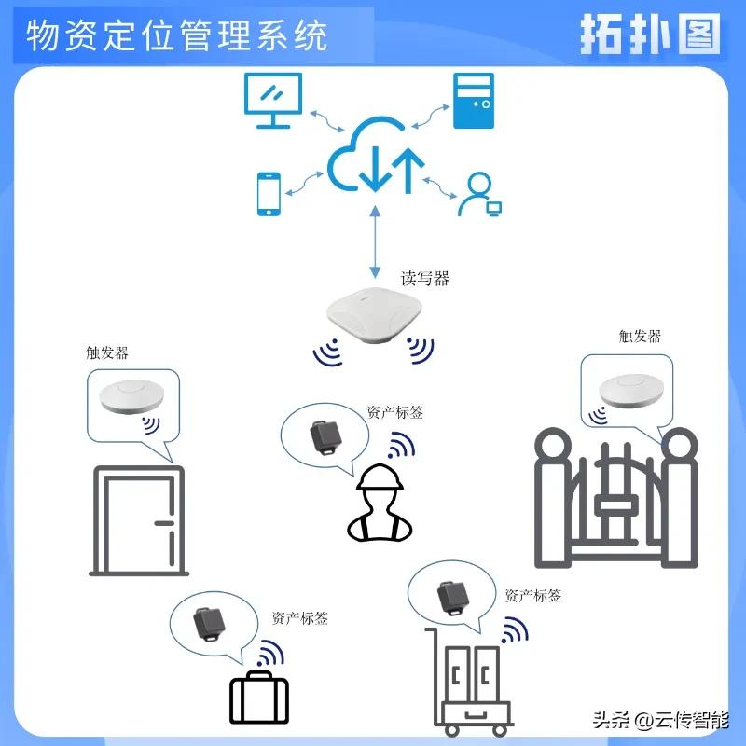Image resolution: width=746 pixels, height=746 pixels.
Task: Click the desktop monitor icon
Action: (273, 100)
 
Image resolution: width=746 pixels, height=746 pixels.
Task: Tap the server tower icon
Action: (473, 101)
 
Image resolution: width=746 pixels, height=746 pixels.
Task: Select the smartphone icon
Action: (269, 194)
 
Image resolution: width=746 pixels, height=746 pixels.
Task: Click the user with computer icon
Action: (479, 195)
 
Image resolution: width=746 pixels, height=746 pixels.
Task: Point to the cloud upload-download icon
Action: (376, 157)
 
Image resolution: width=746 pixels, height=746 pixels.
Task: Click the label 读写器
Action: (425, 278)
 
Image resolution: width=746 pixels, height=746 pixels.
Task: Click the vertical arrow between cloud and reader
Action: (376, 241)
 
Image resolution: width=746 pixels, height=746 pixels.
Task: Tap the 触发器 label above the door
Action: (106, 353)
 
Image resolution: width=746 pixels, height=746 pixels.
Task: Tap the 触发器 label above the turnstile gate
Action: (641, 336)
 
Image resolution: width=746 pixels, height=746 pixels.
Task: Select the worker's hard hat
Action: (381, 478)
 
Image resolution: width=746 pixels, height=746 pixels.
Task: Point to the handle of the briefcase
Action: (259, 676)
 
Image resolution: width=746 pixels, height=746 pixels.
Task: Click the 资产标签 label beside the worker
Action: (395, 412)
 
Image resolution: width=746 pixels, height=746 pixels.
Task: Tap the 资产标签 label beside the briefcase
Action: (299, 617)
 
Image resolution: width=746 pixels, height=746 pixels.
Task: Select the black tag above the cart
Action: (453, 596)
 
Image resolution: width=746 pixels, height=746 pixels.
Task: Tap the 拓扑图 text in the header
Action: (651, 35)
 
